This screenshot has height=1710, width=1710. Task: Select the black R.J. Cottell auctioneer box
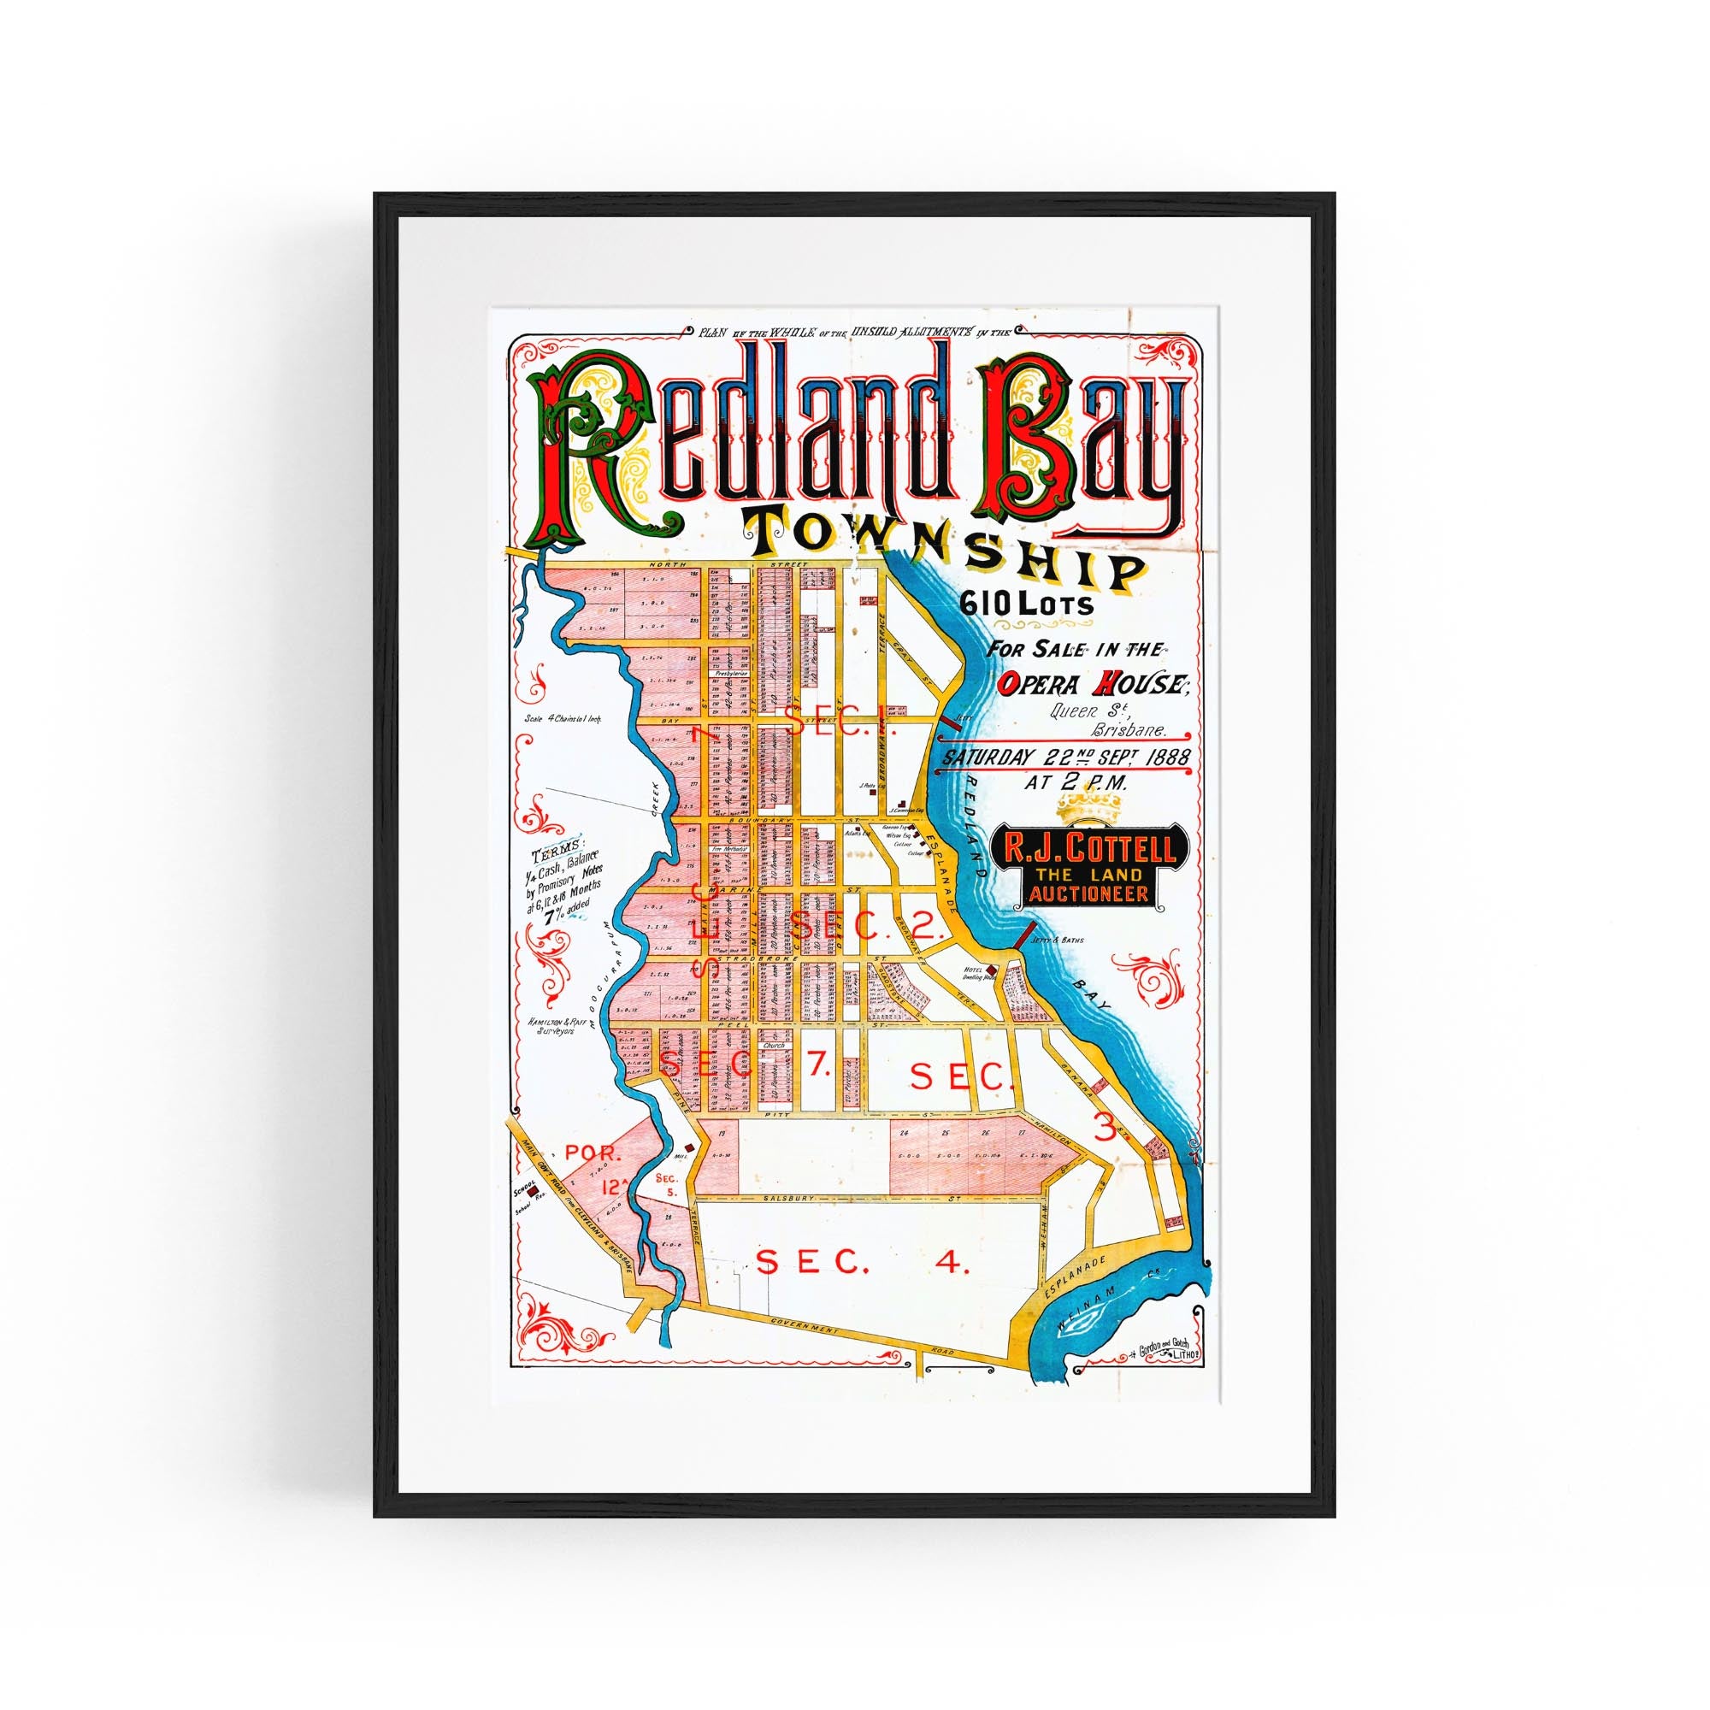click(x=1091, y=865)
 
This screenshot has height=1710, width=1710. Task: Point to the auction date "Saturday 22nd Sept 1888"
click(x=1066, y=757)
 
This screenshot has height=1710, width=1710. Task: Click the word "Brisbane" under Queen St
click(x=1129, y=732)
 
